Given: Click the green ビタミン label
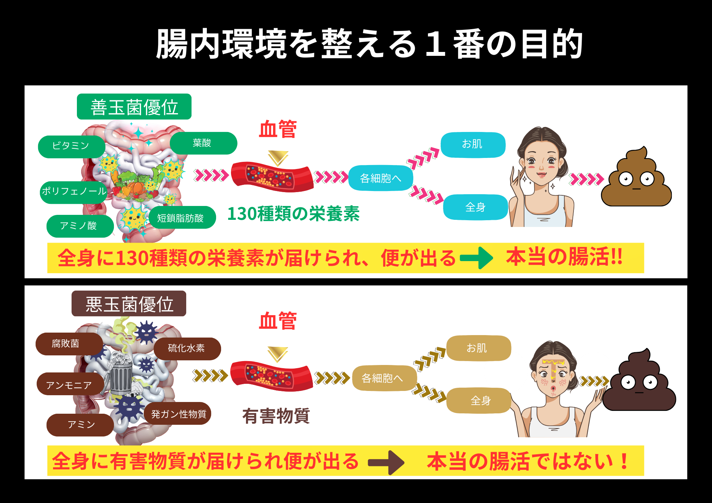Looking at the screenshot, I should click(x=71, y=146).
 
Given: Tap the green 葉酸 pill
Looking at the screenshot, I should click(x=203, y=143).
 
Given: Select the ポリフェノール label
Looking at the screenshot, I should click(x=74, y=192).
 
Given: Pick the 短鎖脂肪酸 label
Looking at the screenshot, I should click(x=182, y=217).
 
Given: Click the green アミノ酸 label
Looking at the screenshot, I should click(x=80, y=226).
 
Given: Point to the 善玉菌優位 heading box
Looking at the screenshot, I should click(x=134, y=107).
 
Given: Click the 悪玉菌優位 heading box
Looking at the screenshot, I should click(x=129, y=304).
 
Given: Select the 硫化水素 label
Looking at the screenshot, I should click(x=187, y=348).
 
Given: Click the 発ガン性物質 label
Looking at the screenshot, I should click(x=178, y=413).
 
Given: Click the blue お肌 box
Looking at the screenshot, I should click(x=473, y=144).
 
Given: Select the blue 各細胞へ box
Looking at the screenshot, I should click(x=381, y=178).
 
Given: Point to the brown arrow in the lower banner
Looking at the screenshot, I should click(x=386, y=462).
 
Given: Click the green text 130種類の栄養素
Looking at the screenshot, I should click(x=293, y=214).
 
